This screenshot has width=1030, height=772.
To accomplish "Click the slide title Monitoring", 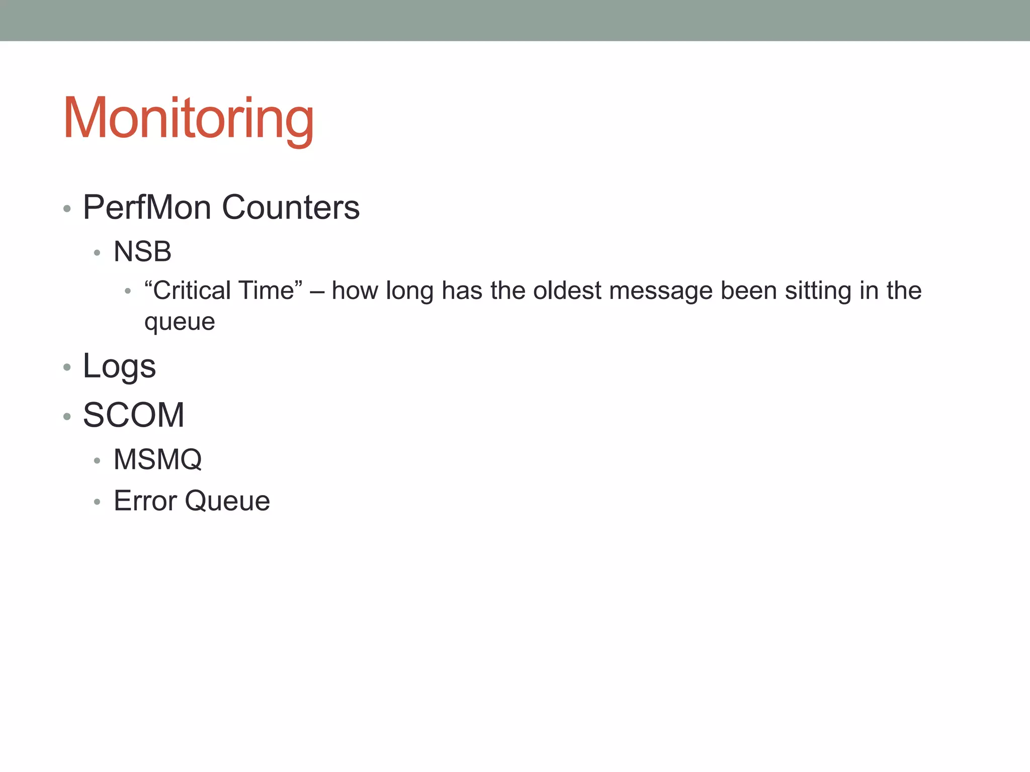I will click(x=189, y=119).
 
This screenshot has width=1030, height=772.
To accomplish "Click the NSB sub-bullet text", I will click(x=142, y=251).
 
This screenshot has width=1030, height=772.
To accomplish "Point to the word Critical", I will click(x=191, y=291).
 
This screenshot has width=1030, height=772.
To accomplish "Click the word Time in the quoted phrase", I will click(x=270, y=291).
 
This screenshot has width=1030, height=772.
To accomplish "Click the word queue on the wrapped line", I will click(x=180, y=322).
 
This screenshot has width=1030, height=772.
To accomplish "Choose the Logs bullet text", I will click(x=119, y=366).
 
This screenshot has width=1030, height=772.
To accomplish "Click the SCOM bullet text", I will click(x=134, y=415).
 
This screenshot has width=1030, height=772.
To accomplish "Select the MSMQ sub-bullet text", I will click(x=157, y=459).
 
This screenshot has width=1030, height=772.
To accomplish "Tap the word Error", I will click(x=145, y=501).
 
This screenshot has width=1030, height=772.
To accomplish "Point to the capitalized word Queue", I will click(x=227, y=501).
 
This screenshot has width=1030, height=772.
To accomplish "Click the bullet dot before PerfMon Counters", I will click(x=67, y=208).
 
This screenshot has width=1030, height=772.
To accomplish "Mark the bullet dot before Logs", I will click(x=67, y=367).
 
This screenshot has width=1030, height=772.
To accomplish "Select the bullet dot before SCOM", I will click(x=67, y=416).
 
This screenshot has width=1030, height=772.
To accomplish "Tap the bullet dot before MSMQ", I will click(x=97, y=460).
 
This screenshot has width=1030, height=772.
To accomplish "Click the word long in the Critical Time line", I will click(x=409, y=292).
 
